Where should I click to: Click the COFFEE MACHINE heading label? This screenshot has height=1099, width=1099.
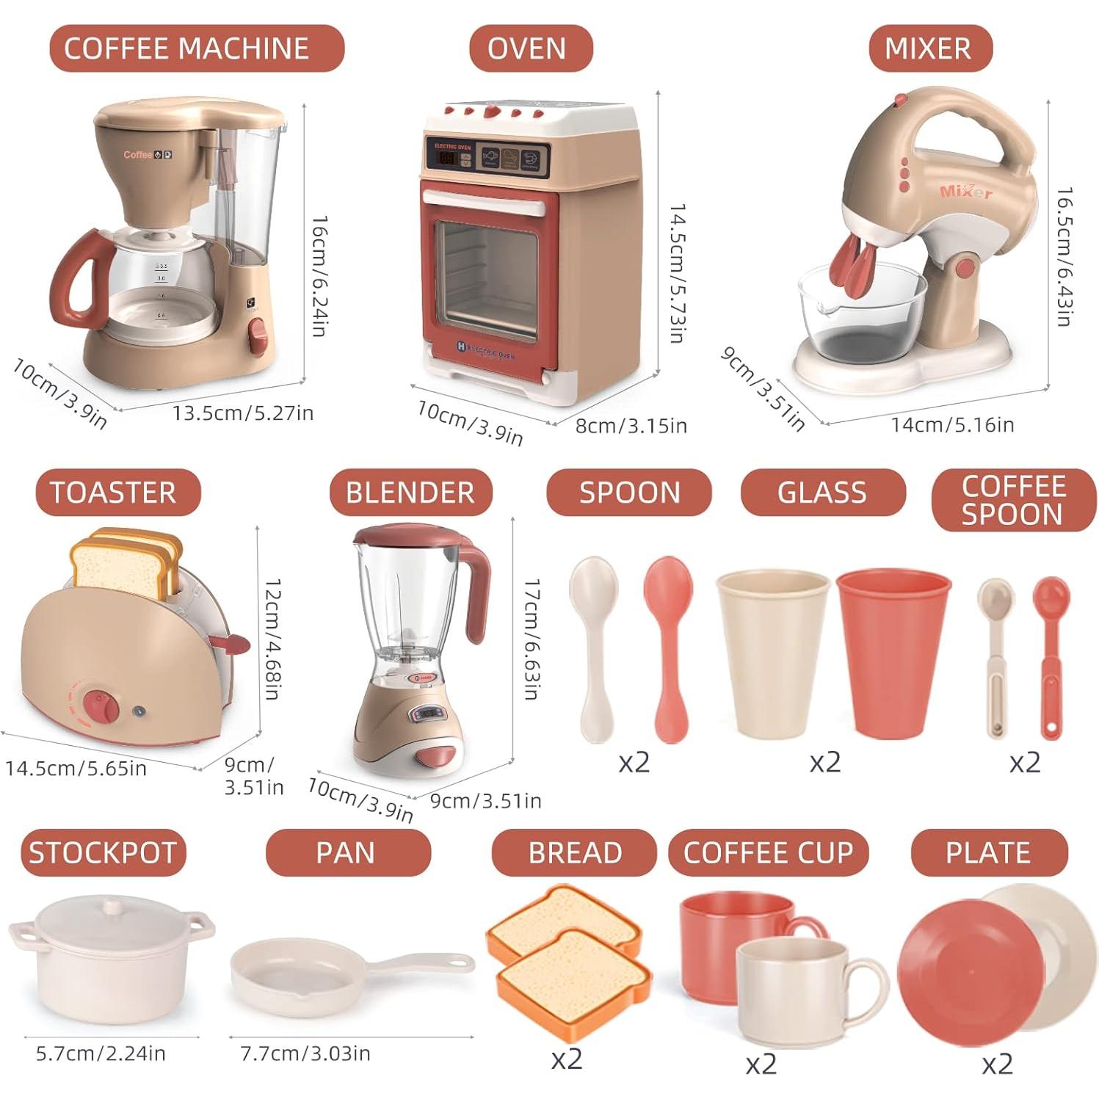[186, 48]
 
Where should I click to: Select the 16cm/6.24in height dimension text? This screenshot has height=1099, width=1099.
[318, 275]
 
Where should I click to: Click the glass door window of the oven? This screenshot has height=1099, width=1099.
[486, 279]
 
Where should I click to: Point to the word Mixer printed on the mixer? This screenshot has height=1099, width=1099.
[965, 192]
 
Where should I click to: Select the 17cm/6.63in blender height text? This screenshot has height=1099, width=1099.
[532, 639]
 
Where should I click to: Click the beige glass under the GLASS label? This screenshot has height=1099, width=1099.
[772, 653]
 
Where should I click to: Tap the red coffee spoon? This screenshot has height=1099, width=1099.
[1051, 653]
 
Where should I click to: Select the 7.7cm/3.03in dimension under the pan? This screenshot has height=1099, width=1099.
[305, 1053]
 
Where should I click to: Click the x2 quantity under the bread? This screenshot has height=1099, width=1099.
[566, 1059]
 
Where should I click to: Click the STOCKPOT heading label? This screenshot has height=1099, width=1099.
[103, 853]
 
